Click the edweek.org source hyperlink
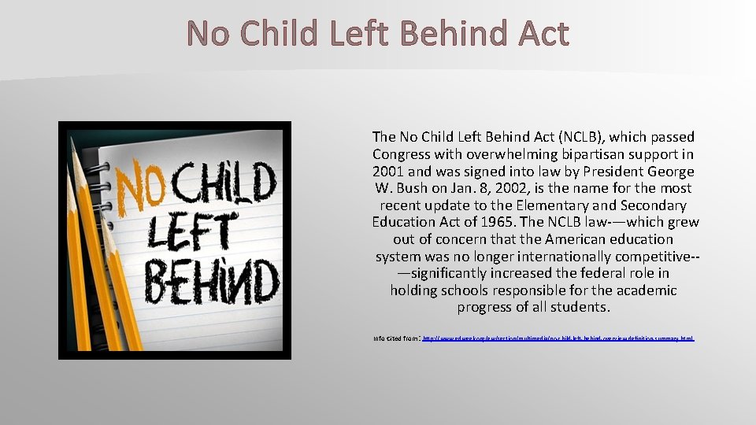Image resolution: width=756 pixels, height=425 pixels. click(x=558, y=338)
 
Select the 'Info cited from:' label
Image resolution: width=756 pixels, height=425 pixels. click(x=396, y=338)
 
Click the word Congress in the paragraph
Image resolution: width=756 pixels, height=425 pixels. click(x=402, y=154)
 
